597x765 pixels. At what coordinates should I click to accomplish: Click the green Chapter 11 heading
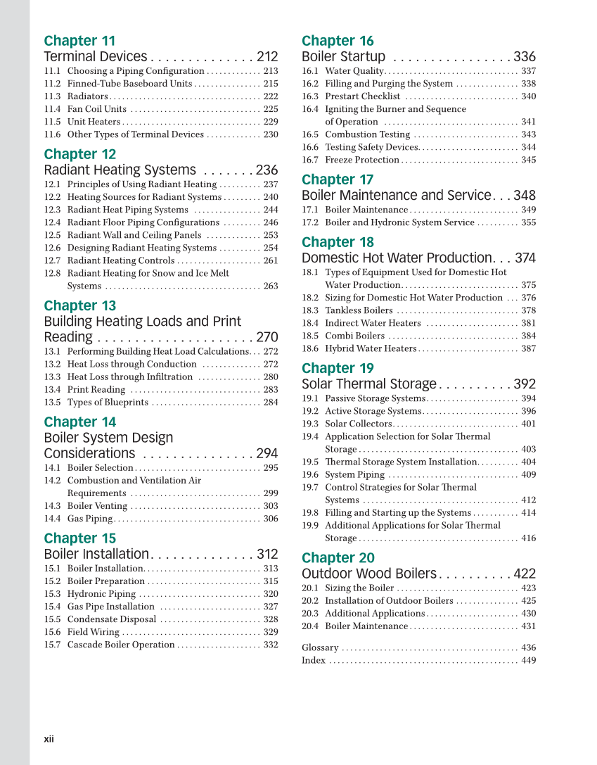(x=79, y=41)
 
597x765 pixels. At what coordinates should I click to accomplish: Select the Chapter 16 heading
(x=338, y=41)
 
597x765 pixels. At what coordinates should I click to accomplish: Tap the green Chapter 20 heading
(x=338, y=558)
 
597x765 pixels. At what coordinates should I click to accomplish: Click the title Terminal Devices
(x=96, y=57)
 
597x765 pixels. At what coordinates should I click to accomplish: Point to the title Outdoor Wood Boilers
(x=369, y=574)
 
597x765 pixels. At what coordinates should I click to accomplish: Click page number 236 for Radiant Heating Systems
(x=267, y=170)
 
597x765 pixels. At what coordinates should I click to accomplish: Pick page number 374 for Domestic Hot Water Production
(x=525, y=258)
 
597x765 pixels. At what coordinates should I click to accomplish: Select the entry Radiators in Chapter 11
(x=88, y=96)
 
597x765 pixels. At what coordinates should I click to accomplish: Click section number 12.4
(x=52, y=222)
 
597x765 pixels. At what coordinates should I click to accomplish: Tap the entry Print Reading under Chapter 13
(x=96, y=389)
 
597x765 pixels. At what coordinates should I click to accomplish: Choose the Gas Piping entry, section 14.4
(x=90, y=519)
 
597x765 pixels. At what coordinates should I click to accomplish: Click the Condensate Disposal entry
(x=112, y=619)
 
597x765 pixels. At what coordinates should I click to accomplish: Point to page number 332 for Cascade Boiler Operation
(x=271, y=645)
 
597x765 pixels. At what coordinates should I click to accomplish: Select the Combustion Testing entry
(x=367, y=134)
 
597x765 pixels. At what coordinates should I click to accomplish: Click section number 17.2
(x=310, y=222)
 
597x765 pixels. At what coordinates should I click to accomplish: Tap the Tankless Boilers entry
(x=359, y=310)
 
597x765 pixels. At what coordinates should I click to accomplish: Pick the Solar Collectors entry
(x=358, y=424)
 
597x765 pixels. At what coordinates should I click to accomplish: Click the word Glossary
(x=320, y=647)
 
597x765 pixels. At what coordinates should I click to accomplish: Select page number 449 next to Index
(x=529, y=660)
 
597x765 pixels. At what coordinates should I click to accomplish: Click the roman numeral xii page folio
(x=49, y=739)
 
